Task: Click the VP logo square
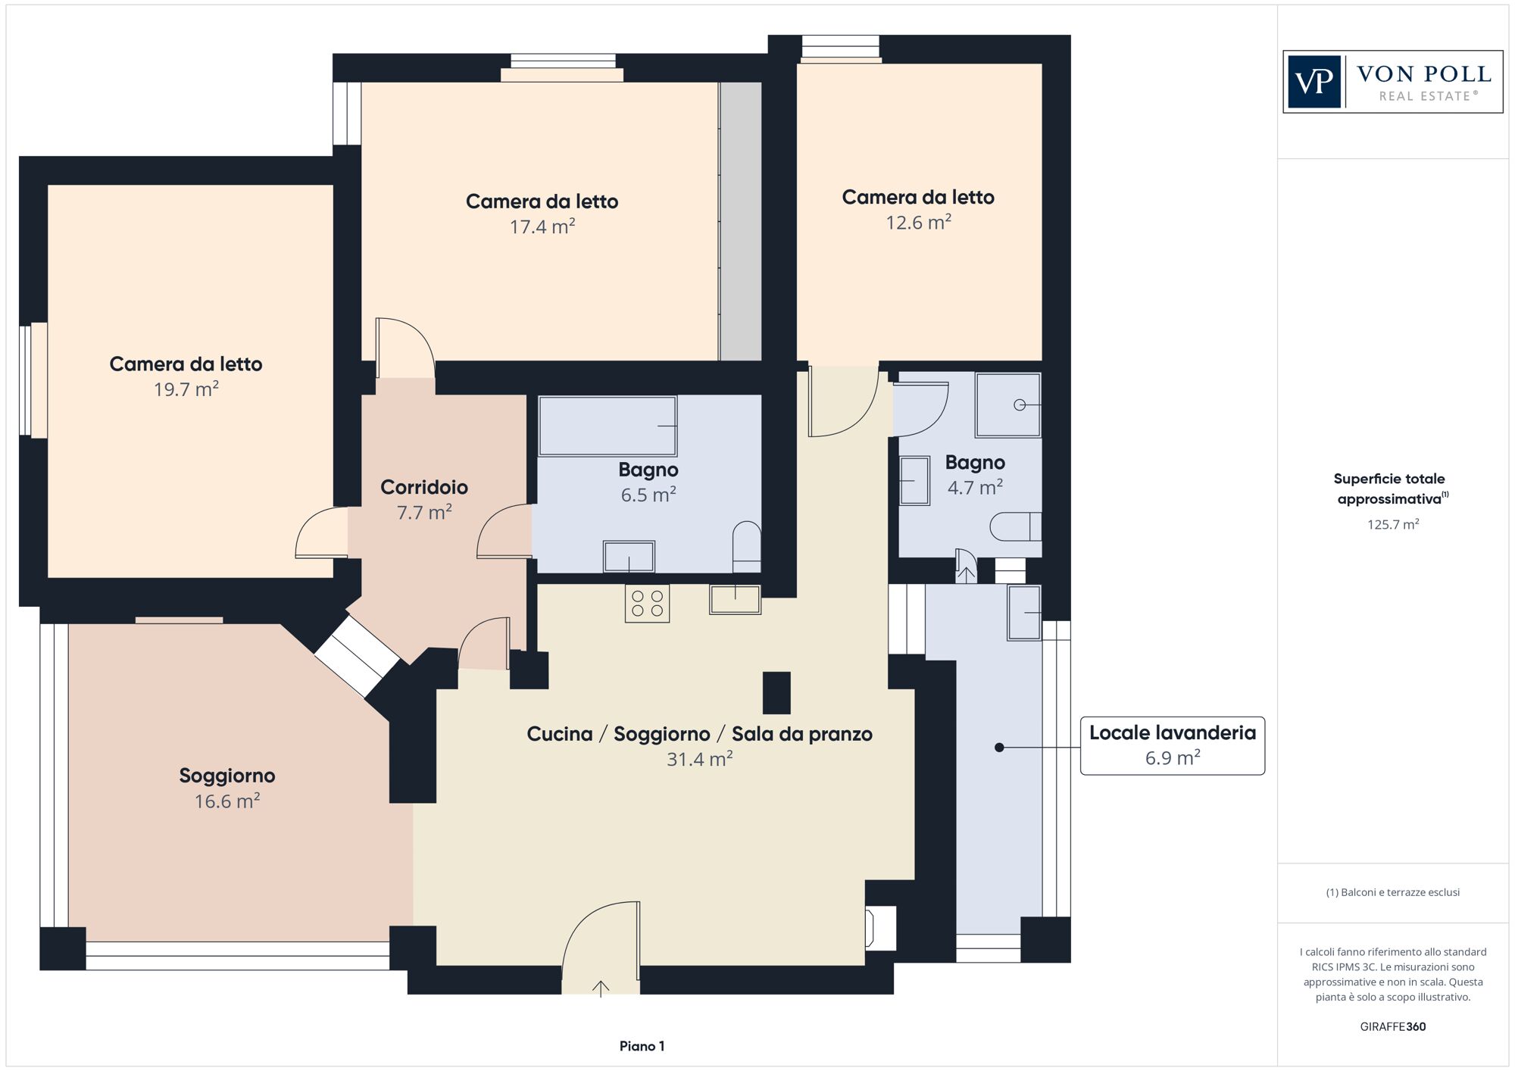1314,82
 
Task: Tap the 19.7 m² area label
186,389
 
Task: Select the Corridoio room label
424,487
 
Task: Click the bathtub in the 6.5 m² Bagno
608,426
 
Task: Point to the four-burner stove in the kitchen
647,604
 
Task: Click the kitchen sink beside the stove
735,599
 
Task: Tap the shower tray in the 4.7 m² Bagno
1008,404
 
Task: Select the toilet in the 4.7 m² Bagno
1016,526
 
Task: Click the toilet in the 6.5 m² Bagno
747,546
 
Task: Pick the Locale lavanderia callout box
1173,745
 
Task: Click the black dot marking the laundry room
999,748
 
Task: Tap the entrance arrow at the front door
601,989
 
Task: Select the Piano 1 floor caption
642,1046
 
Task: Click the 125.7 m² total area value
1393,524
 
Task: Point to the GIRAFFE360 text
1393,1027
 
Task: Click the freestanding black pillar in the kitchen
776,693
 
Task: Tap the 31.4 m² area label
699,759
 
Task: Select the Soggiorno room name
227,776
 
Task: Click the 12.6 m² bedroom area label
919,223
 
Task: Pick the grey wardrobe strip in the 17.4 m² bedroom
740,221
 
